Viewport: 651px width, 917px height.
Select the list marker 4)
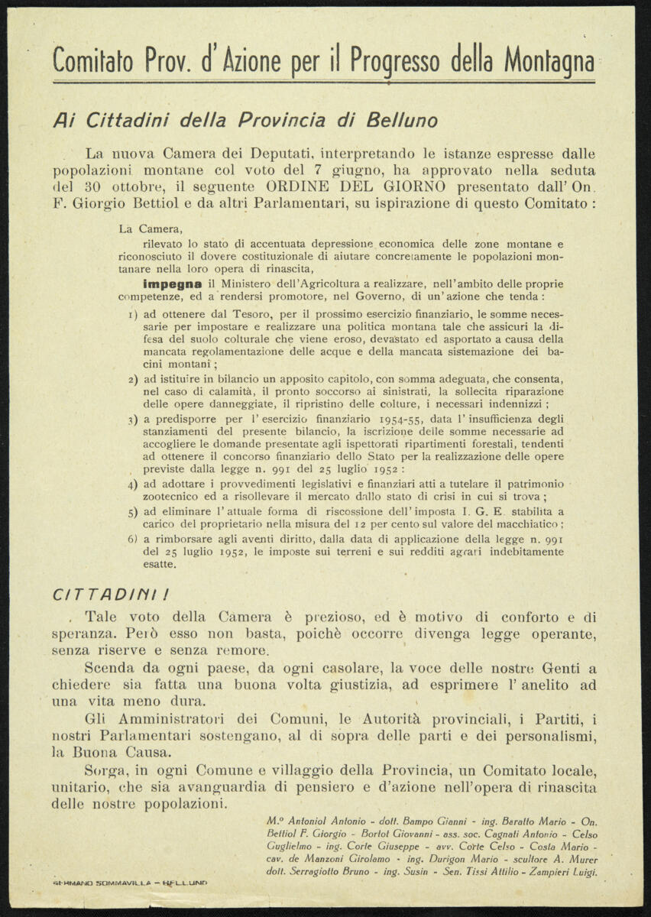pyautogui.click(x=132, y=484)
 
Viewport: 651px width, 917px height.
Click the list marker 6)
pyautogui.click(x=132, y=539)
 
